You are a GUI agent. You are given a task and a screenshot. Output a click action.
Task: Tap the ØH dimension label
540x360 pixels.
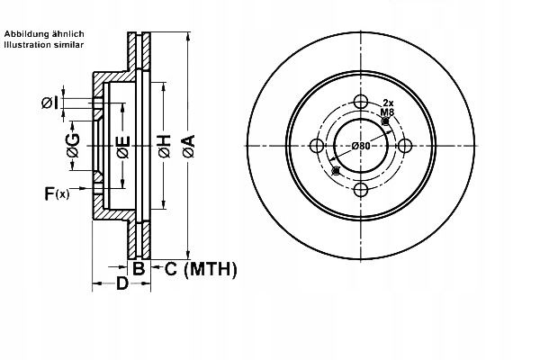[x=164, y=146]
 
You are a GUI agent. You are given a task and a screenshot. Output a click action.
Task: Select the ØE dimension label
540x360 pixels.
[x=122, y=146]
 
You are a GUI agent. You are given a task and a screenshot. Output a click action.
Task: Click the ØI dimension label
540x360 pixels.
[x=50, y=103]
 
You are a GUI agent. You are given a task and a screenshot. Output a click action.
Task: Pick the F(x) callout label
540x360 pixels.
[x=56, y=193]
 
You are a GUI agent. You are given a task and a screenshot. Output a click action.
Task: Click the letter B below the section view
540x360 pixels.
[x=139, y=268]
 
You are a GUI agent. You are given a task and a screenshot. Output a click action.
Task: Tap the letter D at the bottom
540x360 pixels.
[x=121, y=285]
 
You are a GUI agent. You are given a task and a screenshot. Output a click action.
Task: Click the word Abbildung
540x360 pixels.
[x=23, y=33]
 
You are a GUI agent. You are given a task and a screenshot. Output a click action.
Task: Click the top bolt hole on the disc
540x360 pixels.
[x=362, y=102]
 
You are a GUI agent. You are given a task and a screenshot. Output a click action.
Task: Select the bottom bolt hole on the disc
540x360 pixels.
[x=362, y=190]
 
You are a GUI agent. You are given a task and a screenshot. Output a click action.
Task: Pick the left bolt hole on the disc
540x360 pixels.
[x=318, y=146]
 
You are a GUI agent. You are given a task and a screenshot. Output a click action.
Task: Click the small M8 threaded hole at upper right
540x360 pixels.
[x=386, y=121]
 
